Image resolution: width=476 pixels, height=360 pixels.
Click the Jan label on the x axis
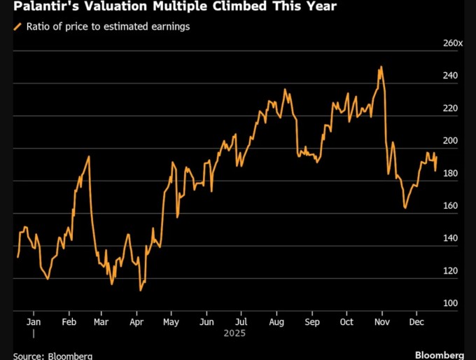(33, 322)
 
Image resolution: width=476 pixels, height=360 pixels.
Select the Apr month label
(136, 322)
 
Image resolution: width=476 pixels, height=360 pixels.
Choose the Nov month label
(381, 322)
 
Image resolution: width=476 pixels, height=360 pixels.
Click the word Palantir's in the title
(43, 8)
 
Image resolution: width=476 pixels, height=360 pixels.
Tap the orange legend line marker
(17, 27)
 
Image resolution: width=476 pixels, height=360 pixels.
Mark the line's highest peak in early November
(381, 67)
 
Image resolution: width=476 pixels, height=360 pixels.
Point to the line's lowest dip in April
(141, 290)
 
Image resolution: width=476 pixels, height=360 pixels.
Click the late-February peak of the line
(88, 156)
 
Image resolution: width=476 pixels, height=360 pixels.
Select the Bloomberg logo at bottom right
(439, 354)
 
